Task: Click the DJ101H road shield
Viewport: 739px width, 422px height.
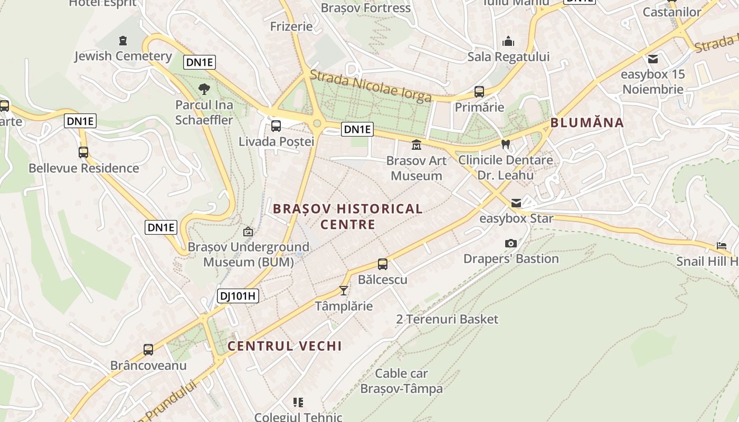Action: [238, 296]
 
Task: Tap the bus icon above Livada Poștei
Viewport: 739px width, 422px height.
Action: [276, 126]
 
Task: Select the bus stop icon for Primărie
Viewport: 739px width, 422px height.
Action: [479, 92]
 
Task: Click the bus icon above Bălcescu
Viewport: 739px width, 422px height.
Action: [383, 264]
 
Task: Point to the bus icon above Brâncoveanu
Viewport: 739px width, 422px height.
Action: [148, 350]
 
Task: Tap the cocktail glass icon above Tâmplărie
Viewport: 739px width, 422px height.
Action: [344, 291]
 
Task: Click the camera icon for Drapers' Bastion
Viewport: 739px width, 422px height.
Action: [510, 243]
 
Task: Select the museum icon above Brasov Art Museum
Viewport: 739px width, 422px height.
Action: [416, 145]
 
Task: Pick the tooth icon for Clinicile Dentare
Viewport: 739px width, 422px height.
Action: [505, 144]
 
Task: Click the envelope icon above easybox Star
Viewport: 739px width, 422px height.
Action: [516, 203]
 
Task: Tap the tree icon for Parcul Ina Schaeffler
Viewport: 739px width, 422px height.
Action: [204, 89]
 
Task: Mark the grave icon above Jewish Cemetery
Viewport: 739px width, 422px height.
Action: [123, 41]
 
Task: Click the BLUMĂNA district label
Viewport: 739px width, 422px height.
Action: [587, 123]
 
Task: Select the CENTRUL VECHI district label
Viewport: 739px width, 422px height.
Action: [285, 346]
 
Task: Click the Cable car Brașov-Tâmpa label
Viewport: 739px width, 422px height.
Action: [401, 381]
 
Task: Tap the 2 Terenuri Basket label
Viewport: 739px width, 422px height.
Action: [447, 319]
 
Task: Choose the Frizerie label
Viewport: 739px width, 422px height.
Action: [291, 26]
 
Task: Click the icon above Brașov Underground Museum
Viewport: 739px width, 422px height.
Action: [248, 231]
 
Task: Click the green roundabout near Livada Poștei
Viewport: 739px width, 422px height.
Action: [317, 123]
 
